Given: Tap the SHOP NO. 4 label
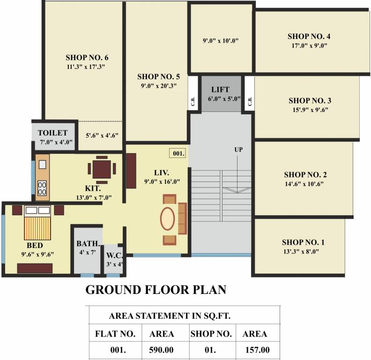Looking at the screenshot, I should (x=310, y=36).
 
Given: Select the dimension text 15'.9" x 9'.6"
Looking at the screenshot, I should (x=310, y=110).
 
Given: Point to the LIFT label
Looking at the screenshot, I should (x=220, y=90).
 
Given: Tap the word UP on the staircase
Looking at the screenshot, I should (x=238, y=150).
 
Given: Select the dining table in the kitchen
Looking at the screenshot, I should (x=102, y=169).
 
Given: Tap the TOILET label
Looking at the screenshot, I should (x=52, y=133).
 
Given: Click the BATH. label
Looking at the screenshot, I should (x=88, y=244).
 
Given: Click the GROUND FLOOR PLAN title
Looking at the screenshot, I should (x=156, y=290).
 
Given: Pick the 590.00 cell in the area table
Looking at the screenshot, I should (x=162, y=350).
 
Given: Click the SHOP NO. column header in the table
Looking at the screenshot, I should (x=211, y=334).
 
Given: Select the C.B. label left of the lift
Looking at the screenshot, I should (x=193, y=102).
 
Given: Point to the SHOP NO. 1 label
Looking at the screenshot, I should (x=303, y=242).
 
